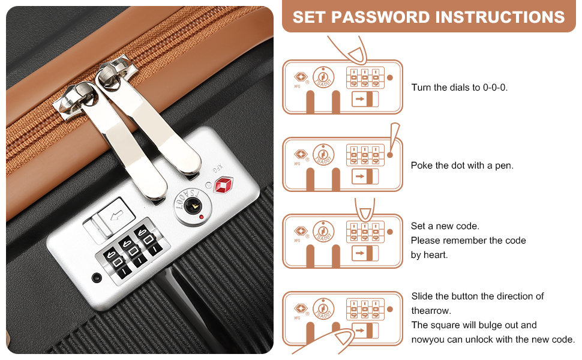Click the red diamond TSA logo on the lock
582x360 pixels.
pyautogui.click(x=223, y=185)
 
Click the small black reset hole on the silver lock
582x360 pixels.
pyautogui.click(x=97, y=277)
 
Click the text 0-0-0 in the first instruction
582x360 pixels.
pyautogui.click(x=495, y=88)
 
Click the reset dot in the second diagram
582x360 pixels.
pyautogui.click(x=390, y=155)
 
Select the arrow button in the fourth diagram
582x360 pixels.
pyautogui.click(x=365, y=331)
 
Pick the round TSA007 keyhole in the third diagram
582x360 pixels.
pyautogui.click(x=323, y=232)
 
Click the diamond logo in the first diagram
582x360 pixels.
pyautogui.click(x=301, y=77)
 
